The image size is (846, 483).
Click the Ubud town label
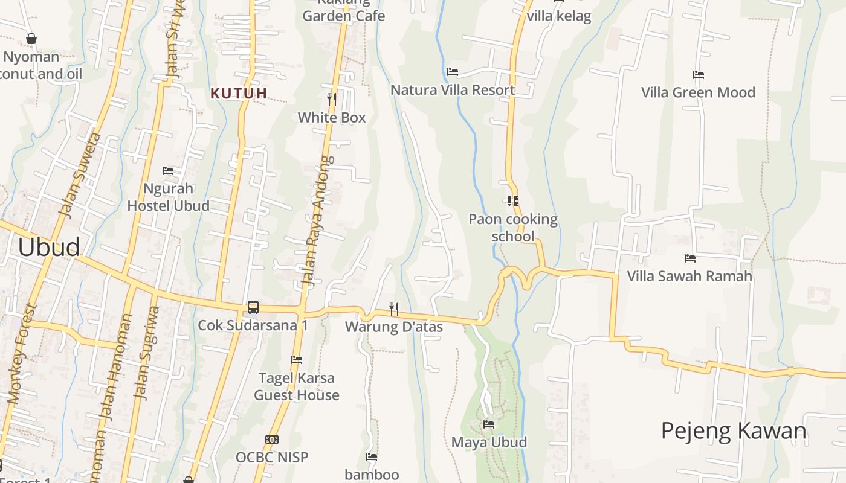[49, 248]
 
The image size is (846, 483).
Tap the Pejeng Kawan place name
[734, 431]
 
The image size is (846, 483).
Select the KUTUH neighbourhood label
[239, 93]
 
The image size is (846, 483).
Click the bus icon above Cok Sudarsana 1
[253, 307]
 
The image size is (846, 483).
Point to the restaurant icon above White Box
[332, 98]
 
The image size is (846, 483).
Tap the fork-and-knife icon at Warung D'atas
[394, 309]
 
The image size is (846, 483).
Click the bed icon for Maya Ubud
[489, 424]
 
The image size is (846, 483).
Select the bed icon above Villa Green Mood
[699, 75]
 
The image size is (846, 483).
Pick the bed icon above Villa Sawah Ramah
[690, 258]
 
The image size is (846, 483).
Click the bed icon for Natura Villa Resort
[453, 72]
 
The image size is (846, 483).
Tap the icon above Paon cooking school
[513, 201]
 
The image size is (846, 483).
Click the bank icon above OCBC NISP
[272, 440]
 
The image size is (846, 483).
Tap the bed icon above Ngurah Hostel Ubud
[168, 171]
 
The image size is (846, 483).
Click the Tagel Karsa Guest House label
[296, 386]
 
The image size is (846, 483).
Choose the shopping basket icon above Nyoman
[31, 39]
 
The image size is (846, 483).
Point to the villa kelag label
[558, 16]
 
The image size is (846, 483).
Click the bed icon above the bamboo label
[372, 457]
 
